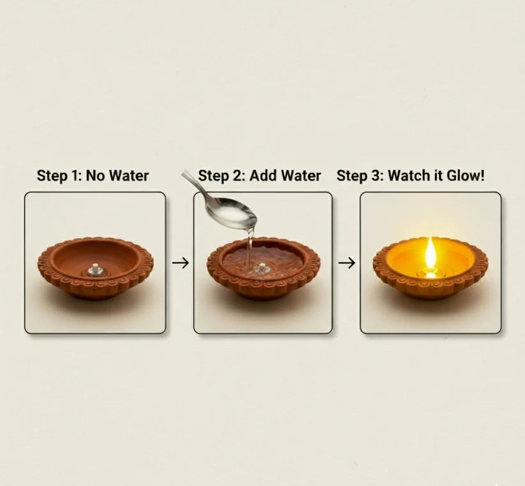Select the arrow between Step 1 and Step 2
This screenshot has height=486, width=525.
point(181,263)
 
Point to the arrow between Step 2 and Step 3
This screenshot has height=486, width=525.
point(346,263)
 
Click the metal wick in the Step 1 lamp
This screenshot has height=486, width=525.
point(94,269)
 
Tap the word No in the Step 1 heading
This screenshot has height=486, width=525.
point(95,175)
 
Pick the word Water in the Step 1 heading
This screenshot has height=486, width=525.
point(128,175)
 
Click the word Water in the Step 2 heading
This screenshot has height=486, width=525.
point(300,175)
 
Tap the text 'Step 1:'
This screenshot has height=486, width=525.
point(59,175)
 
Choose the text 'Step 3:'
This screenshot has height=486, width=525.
point(360,175)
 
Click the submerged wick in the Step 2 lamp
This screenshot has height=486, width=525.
point(260,269)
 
